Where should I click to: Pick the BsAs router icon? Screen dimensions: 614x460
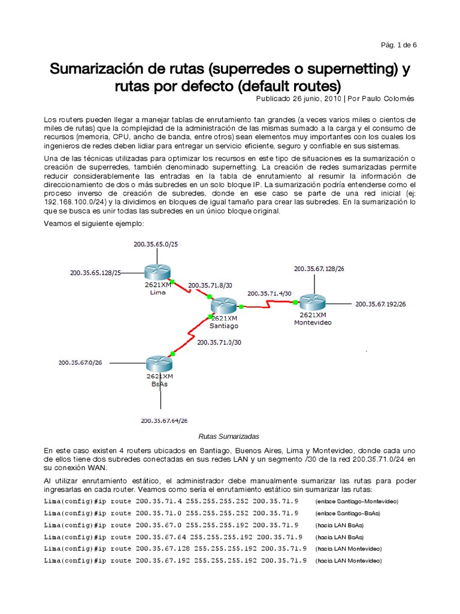[x=159, y=363]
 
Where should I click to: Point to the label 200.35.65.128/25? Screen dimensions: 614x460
[x=95, y=273]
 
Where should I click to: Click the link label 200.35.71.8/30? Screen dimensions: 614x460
[x=210, y=285]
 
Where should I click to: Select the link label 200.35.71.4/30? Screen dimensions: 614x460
[x=269, y=293]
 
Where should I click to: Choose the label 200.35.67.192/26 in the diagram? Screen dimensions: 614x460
[x=380, y=304]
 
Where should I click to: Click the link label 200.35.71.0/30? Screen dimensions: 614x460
[x=219, y=342]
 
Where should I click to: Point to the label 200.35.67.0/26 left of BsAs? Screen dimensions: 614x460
[x=80, y=362]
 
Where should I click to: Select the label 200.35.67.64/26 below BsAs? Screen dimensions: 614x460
[x=164, y=420]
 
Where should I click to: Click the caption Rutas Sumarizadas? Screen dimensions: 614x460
[x=229, y=436]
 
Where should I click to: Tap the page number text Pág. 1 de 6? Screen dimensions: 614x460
[x=399, y=45]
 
